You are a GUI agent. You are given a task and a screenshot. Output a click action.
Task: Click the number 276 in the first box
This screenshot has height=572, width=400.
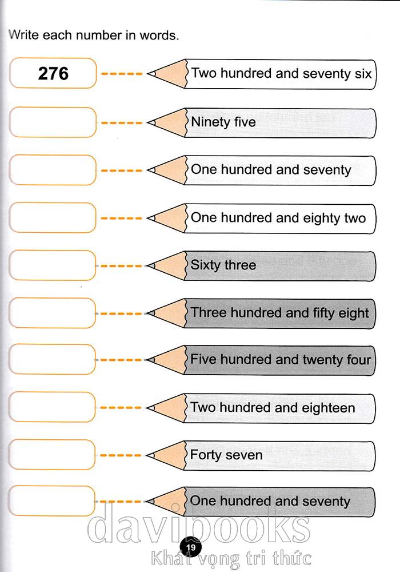[53, 73]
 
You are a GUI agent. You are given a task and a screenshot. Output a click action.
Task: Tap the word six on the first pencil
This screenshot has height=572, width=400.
[363, 74]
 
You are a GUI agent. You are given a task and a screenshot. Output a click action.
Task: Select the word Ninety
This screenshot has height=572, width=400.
[210, 122]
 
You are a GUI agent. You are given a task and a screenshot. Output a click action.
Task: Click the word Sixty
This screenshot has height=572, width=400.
[205, 265]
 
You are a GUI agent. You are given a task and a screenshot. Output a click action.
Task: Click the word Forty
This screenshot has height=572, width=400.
[206, 455]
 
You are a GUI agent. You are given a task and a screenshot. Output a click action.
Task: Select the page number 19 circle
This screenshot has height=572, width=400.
[190, 547]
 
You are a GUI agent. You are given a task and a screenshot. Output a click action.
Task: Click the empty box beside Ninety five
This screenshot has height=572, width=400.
[53, 122]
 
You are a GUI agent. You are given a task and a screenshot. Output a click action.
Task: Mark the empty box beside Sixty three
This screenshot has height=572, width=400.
[53, 265]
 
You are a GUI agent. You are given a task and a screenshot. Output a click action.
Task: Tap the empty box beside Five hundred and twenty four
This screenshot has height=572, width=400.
[52, 359]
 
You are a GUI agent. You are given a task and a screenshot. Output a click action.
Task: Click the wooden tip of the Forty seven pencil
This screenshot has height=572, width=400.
[166, 455]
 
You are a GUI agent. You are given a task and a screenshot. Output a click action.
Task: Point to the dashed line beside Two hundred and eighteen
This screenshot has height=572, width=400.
[121, 407]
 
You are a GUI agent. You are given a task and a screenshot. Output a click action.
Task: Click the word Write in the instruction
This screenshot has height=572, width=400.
[23, 35]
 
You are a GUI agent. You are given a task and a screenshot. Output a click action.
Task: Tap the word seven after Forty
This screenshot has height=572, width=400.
[245, 456]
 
